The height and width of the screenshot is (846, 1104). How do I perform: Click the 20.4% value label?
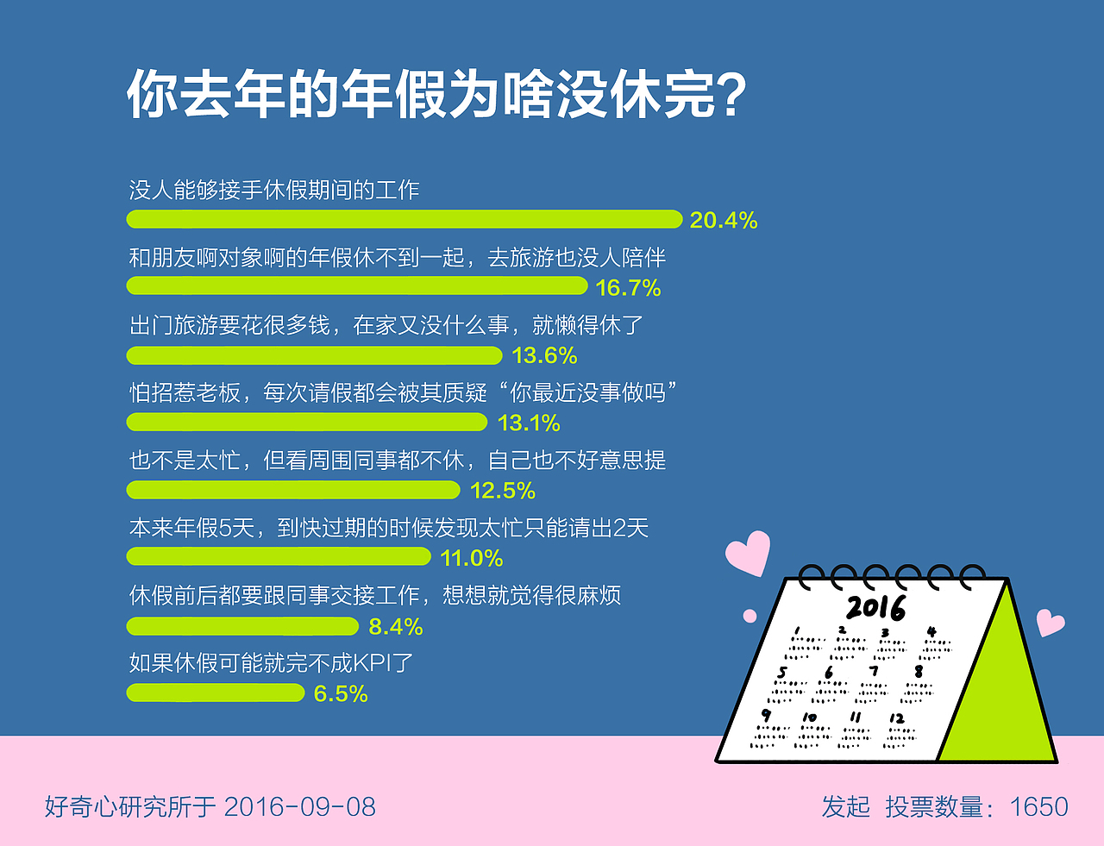(x=723, y=220)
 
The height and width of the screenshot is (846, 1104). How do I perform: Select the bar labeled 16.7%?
(x=357, y=285)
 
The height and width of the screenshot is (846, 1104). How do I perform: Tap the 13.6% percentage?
(x=544, y=355)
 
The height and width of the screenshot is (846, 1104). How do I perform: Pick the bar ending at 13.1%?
(x=307, y=422)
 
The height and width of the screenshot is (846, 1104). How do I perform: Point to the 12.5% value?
(x=502, y=491)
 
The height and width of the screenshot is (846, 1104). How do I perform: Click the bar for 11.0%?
(x=279, y=557)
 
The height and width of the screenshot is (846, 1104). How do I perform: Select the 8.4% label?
(x=395, y=626)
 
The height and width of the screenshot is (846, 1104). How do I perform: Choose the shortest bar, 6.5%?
(x=216, y=692)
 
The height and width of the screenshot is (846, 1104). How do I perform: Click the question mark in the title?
(x=731, y=95)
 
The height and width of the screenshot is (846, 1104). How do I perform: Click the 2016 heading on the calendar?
(x=875, y=607)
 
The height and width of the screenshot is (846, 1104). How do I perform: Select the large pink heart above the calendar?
(x=748, y=553)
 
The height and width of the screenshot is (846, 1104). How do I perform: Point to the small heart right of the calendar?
(x=1050, y=622)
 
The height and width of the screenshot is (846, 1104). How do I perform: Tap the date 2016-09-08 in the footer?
(x=299, y=807)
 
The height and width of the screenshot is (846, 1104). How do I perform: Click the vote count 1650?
(x=1038, y=807)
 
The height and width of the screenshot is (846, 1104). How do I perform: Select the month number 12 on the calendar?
(x=897, y=718)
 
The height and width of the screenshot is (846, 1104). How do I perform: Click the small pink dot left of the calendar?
(x=750, y=616)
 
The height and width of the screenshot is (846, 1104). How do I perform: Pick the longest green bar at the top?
(x=404, y=219)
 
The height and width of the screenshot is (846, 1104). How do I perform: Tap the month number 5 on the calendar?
(x=782, y=672)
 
